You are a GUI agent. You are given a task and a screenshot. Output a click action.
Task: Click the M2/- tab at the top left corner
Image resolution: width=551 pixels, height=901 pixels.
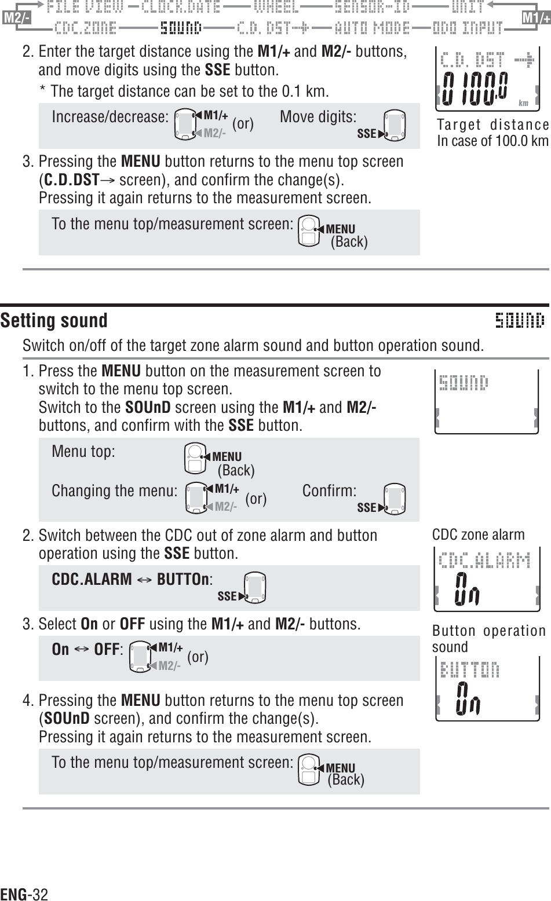[16, 18]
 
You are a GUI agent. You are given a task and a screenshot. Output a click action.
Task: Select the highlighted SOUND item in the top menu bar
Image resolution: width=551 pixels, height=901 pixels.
[181, 27]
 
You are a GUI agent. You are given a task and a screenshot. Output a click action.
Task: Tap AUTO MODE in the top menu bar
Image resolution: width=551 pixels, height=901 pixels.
[373, 27]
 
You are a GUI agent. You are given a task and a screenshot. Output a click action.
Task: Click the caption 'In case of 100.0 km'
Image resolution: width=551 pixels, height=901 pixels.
[492, 141]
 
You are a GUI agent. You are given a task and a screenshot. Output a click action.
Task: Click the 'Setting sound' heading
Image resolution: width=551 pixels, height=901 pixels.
[54, 320]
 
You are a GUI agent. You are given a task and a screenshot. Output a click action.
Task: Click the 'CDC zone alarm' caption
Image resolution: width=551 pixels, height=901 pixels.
[479, 534]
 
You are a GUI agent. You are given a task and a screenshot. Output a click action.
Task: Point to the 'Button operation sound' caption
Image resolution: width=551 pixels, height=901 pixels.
[488, 639]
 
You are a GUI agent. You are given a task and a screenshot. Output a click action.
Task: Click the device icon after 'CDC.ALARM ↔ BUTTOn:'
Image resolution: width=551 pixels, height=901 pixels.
[255, 588]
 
